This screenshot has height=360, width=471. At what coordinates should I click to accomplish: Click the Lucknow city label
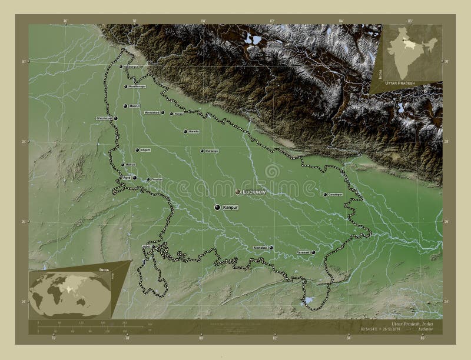click(x=254, y=192)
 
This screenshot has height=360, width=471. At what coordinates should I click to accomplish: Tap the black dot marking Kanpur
click(x=218, y=207)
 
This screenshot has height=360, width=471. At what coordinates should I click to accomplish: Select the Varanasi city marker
click(x=313, y=252)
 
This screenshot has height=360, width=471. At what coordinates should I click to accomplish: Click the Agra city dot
click(x=135, y=178)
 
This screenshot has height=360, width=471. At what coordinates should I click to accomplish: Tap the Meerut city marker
click(x=125, y=106)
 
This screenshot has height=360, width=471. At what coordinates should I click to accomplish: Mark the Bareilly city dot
click(x=185, y=132)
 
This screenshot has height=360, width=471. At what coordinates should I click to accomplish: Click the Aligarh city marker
click(x=137, y=150)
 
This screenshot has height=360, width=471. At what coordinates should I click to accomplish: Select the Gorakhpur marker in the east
click(x=324, y=194)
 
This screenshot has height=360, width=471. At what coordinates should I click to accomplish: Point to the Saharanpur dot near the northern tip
click(x=121, y=67)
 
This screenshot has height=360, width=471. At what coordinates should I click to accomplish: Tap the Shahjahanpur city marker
click(x=201, y=151)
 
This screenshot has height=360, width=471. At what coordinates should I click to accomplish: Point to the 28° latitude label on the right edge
click(x=446, y=142)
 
